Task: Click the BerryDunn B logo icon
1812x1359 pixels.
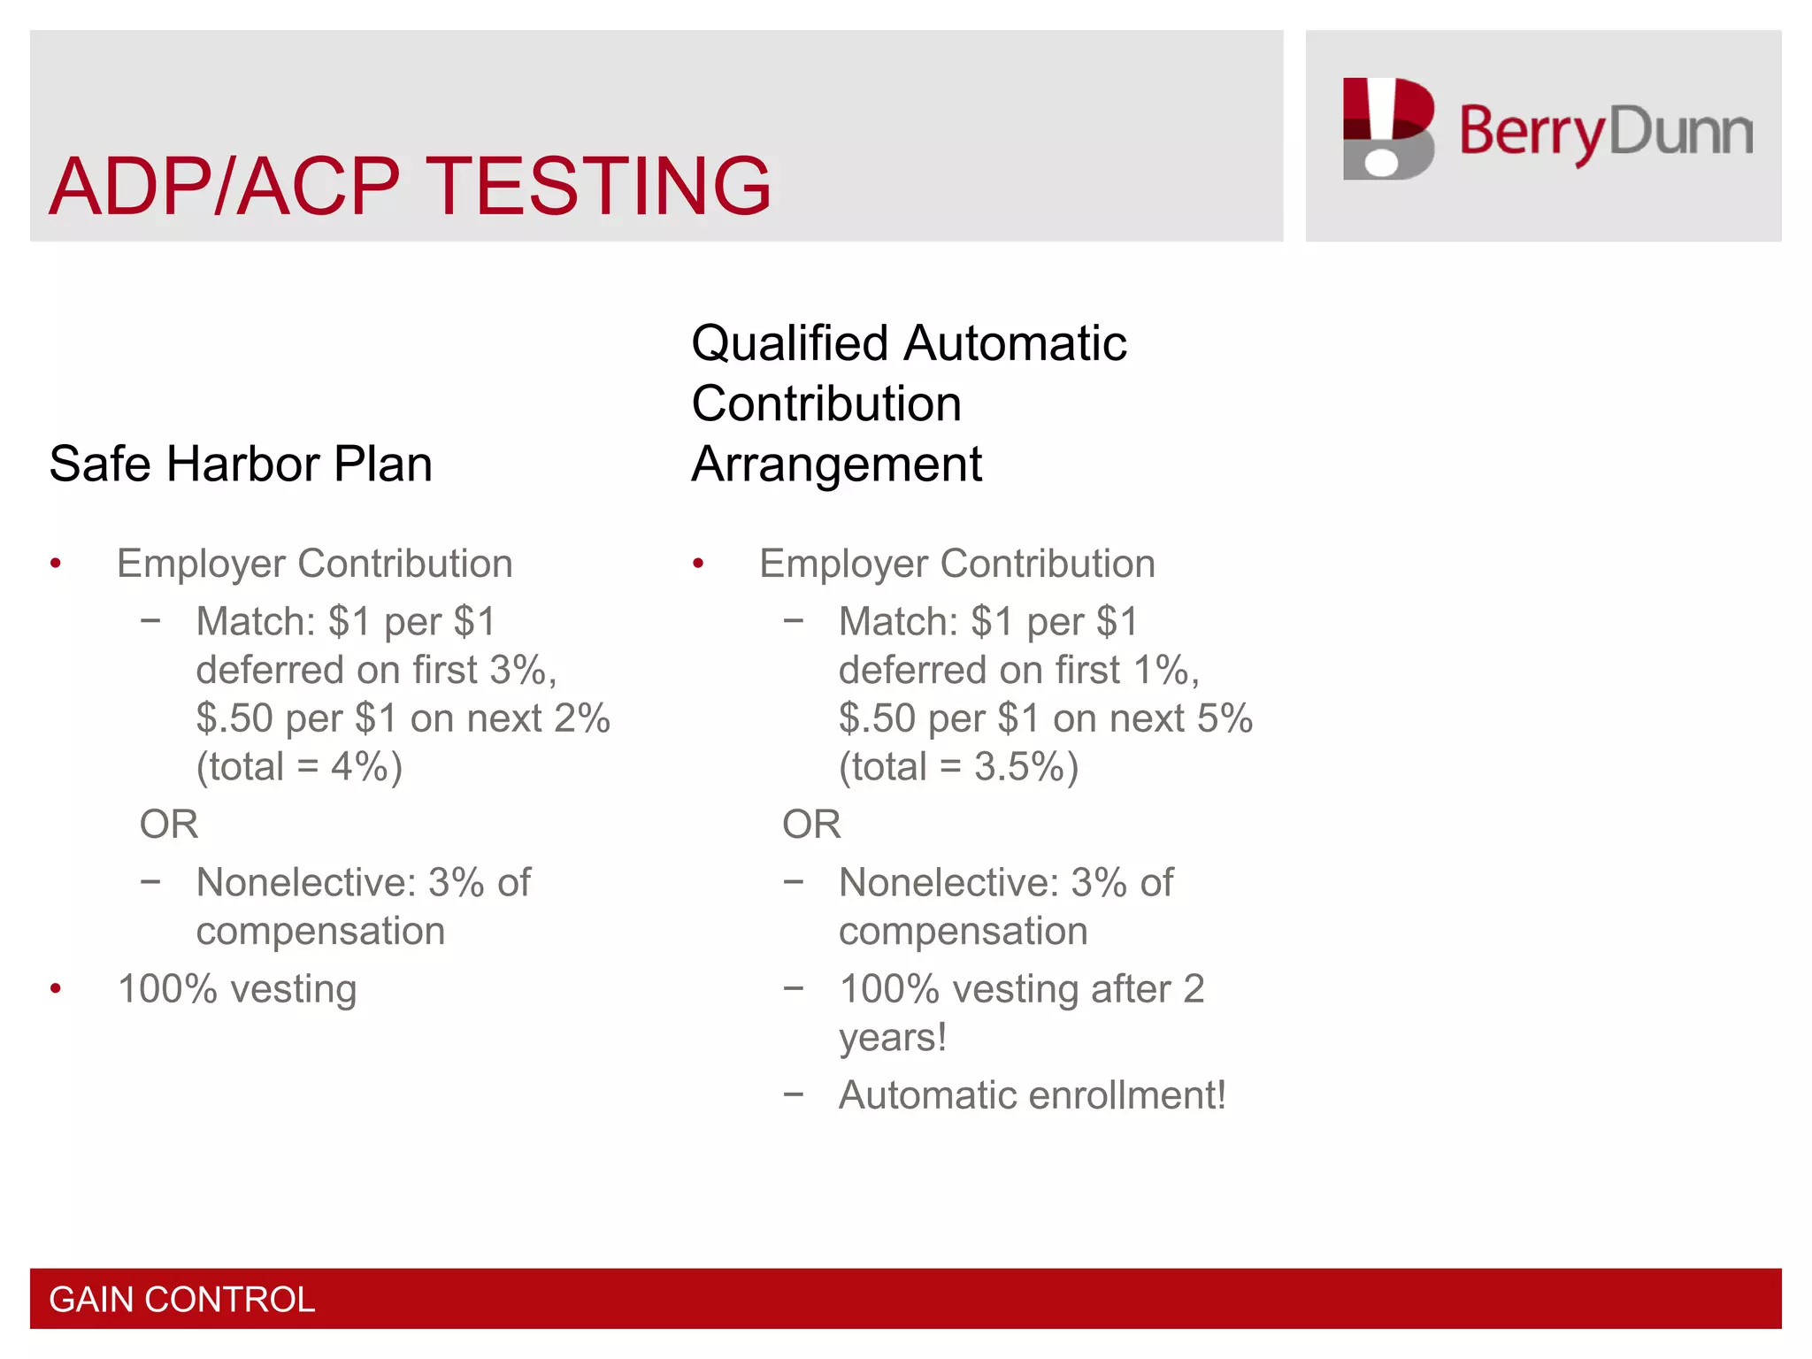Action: pos(1387,129)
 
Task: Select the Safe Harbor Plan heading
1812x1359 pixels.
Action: pos(241,464)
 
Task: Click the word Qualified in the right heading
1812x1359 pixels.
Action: pos(789,343)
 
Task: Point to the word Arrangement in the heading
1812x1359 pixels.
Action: pos(836,464)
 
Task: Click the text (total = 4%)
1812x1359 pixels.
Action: pos(299,766)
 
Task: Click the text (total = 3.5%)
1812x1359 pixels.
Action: pos(958,766)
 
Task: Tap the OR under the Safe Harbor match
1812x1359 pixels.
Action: pos(169,824)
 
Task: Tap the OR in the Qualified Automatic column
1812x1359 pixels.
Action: pos(811,824)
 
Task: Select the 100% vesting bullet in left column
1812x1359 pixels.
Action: pos(237,988)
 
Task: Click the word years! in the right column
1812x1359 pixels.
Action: pos(892,1037)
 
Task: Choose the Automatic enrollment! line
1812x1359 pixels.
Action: pos(1032,1094)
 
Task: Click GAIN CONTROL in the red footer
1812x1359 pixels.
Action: pos(182,1299)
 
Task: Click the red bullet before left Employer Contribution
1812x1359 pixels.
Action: pos(56,564)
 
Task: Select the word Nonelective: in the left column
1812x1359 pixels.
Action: pos(306,882)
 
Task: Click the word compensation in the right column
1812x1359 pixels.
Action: pos(963,931)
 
